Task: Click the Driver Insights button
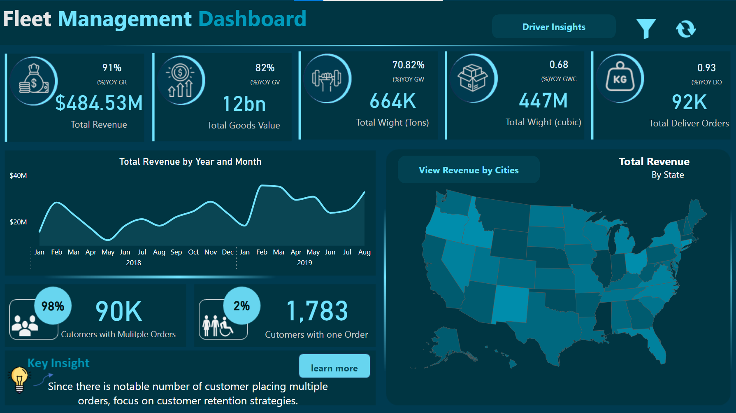[x=553, y=27]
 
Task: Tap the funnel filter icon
[x=646, y=28]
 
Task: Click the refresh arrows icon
[x=685, y=29]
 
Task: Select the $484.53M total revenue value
[x=99, y=103]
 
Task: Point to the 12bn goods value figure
[x=244, y=104]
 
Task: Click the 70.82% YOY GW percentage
[x=408, y=65]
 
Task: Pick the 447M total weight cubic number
[x=543, y=101]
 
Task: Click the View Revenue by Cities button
[x=469, y=170]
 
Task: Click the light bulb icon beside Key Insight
[x=19, y=379]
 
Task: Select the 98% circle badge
[x=53, y=306]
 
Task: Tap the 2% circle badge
[x=241, y=306]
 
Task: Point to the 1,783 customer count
[x=317, y=311]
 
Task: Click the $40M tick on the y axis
[x=19, y=175]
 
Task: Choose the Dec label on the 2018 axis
[x=228, y=252]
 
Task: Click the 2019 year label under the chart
[x=304, y=263]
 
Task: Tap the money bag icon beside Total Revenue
[x=34, y=80]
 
